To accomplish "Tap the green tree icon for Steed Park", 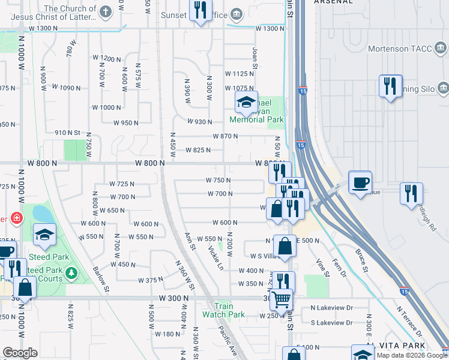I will pyautogui.click(x=71, y=274).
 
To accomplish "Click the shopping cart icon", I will pyautogui.click(x=280, y=299).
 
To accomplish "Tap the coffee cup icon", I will pyautogui.click(x=360, y=182).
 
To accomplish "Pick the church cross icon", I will pyautogui.click(x=105, y=12).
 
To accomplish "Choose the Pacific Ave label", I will pyautogui.click(x=228, y=341).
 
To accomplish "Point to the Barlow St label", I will pyautogui.click(x=101, y=278).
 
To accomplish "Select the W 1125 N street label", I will pyautogui.click(x=240, y=74).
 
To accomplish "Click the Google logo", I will pyautogui.click(x=20, y=353).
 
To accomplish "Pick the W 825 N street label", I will pyautogui.click(x=197, y=150).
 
